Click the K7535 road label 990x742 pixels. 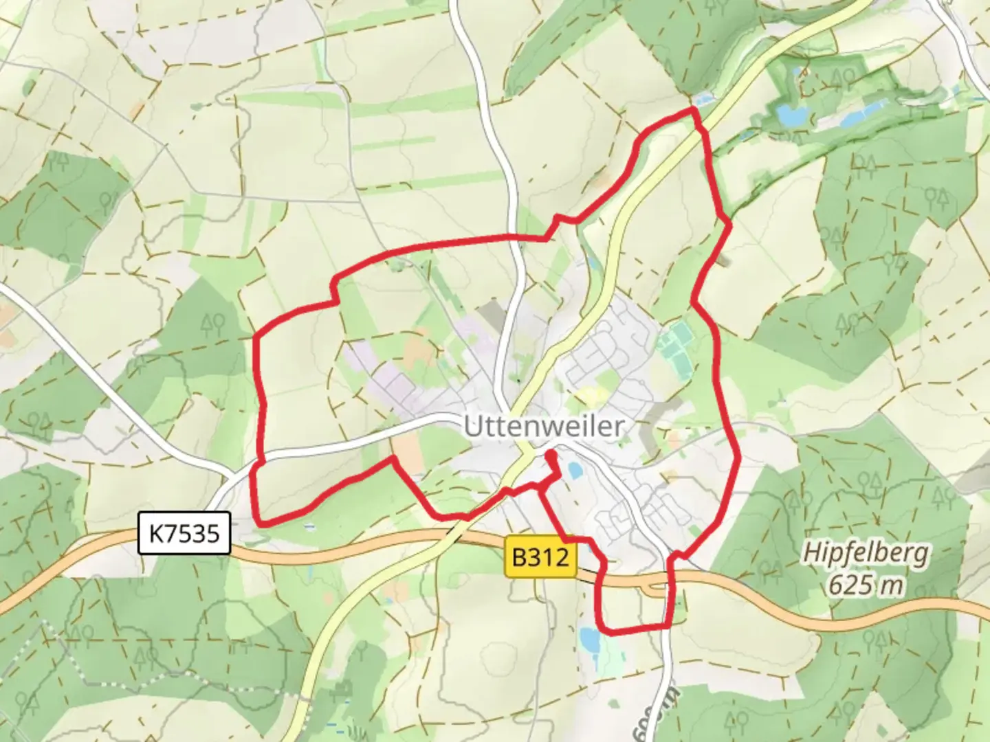click(x=184, y=532)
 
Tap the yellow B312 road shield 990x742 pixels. click(x=541, y=557)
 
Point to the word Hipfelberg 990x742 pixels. click(x=866, y=552)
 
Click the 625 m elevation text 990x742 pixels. click(x=866, y=585)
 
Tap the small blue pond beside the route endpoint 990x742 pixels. click(x=575, y=470)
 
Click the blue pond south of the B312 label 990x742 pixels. click(x=588, y=639)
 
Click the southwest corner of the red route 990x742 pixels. click(x=259, y=522)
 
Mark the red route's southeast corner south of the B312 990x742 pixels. click(x=668, y=626)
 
